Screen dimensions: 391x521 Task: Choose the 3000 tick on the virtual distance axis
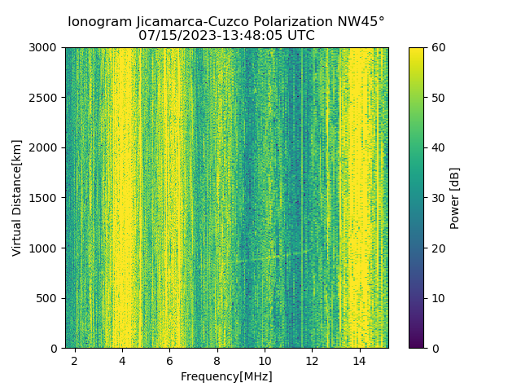pyautogui.click(x=46, y=48)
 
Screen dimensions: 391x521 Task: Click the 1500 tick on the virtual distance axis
pyautogui.click(x=46, y=198)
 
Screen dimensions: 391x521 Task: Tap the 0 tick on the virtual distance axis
pyautogui.click(x=55, y=349)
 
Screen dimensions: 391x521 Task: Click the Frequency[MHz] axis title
pyautogui.click(x=226, y=376)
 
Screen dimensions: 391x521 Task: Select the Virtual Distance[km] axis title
pyautogui.click(x=17, y=198)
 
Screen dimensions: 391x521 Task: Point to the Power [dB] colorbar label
pyautogui.click(x=455, y=198)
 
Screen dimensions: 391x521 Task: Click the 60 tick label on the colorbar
pyautogui.click(x=437, y=48)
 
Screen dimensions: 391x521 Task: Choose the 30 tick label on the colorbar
pyautogui.click(x=437, y=198)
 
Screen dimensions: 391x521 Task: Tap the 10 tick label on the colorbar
pyautogui.click(x=437, y=298)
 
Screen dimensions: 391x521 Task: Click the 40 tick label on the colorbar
pyautogui.click(x=437, y=148)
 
